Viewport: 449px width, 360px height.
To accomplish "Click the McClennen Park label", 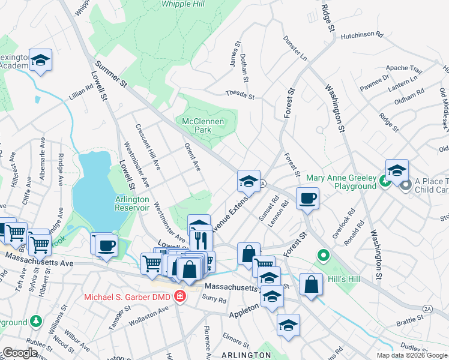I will [203, 125].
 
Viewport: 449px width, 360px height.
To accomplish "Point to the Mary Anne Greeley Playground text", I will [341, 182].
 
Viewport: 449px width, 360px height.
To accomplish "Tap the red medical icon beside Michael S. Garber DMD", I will [179, 296].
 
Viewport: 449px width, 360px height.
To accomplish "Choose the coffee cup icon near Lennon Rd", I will [307, 198].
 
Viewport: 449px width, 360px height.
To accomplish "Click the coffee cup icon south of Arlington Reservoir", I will [106, 245].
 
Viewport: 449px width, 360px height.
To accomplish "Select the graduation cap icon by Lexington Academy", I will [40, 59].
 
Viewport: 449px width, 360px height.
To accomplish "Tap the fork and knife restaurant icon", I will [200, 241].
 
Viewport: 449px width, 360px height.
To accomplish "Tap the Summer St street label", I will [110, 77].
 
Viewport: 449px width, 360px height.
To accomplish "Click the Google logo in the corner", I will [20, 353].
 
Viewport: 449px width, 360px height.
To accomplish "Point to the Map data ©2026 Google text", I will [412, 355].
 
